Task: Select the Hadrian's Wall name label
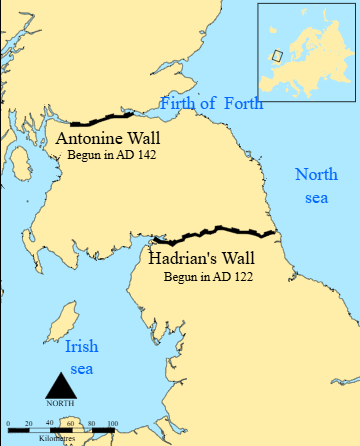click(200, 257)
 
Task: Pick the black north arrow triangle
click(61, 385)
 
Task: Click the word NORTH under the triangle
click(61, 402)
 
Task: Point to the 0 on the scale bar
click(8, 424)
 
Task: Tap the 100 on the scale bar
click(112, 424)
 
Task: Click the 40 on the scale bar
click(50, 424)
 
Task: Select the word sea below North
click(316, 198)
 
